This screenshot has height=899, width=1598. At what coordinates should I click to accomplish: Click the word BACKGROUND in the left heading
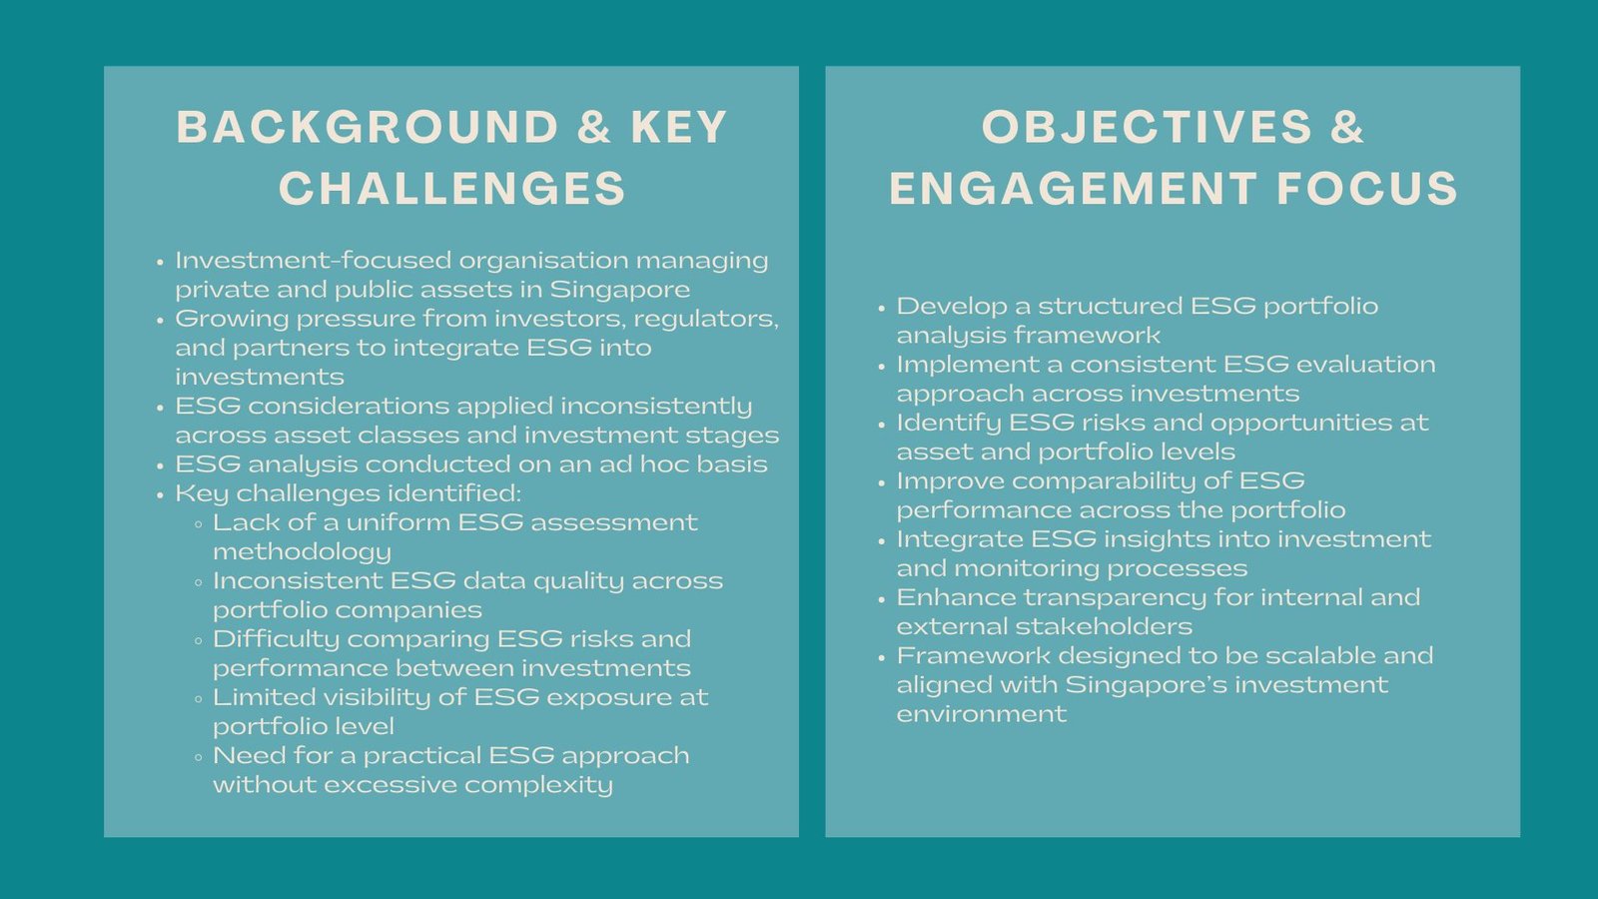click(368, 128)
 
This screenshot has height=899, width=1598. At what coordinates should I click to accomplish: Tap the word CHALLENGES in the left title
click(451, 189)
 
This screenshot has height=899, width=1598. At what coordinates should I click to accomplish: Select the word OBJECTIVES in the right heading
click(1147, 128)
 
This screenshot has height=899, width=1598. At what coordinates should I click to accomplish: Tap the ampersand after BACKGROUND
click(594, 128)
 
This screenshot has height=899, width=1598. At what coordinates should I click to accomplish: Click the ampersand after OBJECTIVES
click(1347, 128)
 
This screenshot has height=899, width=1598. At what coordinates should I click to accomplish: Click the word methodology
click(302, 551)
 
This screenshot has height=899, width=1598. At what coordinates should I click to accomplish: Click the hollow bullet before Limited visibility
click(199, 698)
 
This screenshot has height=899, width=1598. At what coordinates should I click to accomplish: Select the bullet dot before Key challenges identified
click(160, 495)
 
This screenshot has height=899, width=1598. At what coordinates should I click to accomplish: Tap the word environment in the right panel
click(981, 714)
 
